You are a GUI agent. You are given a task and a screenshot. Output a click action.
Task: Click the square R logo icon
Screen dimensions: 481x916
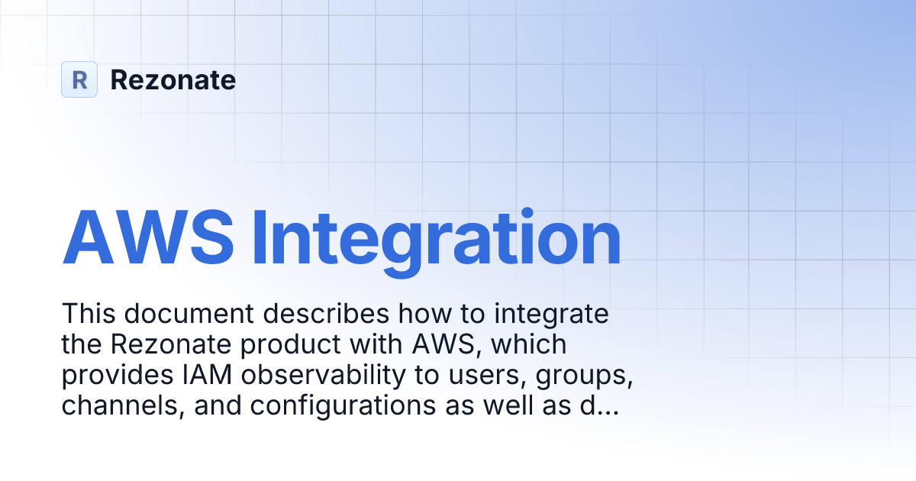point(79,79)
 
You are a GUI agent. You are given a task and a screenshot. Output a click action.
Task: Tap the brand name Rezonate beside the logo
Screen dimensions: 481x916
point(173,80)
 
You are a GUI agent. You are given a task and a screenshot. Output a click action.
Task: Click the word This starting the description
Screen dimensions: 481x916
point(90,314)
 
